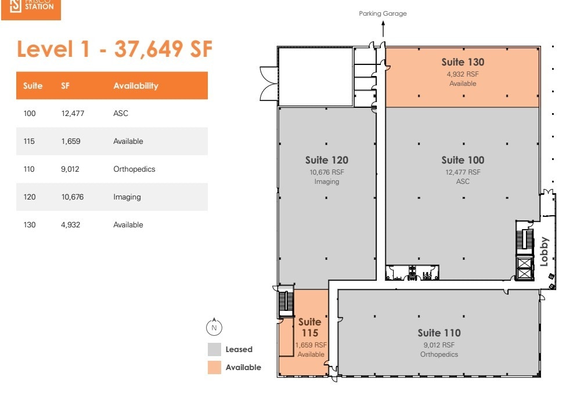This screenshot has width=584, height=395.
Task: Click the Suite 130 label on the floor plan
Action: tap(462, 62)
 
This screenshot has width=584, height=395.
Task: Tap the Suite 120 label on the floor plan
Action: tap(326, 160)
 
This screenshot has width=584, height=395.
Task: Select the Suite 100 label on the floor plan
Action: tap(462, 160)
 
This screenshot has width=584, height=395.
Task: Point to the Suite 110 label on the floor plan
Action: tap(439, 333)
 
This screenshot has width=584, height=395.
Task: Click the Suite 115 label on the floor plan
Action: tap(309, 327)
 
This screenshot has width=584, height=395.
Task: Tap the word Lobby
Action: tap(544, 252)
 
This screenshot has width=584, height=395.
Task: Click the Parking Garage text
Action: tap(383, 13)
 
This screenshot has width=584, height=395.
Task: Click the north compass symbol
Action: tap(214, 328)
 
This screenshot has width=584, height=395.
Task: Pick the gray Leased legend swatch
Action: tap(214, 349)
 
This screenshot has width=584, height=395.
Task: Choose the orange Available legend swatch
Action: tap(214, 367)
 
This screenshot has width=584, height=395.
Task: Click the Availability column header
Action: tap(136, 86)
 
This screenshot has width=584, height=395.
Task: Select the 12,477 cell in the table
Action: tap(73, 114)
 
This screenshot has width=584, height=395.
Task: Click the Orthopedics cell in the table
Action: tap(134, 169)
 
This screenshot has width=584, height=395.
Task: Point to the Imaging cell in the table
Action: tap(127, 197)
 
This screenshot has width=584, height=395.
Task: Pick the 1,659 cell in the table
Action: tap(70, 142)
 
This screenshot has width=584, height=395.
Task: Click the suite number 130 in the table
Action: tap(29, 225)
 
